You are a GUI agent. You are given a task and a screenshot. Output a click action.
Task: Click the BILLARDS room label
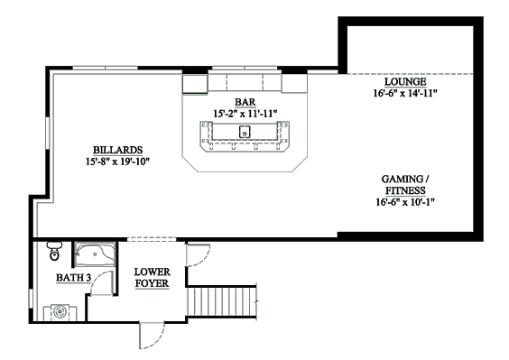[x=118, y=151]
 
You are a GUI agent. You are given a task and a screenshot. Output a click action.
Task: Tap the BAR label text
[x=245, y=102]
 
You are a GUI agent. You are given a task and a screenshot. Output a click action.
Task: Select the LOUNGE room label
[x=405, y=82]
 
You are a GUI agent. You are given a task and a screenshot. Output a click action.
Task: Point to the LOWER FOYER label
[x=152, y=278]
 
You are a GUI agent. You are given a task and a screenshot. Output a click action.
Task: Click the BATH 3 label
[x=73, y=278]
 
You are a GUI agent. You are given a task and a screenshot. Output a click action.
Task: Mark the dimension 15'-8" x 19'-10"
[x=118, y=162]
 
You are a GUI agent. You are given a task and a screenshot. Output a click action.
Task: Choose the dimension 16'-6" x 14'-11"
[x=405, y=94]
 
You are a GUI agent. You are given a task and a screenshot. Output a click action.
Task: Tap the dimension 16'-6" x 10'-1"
[x=405, y=202]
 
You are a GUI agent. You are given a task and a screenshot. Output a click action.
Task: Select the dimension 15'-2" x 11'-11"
[x=245, y=114]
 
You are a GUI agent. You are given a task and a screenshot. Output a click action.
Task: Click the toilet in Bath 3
[x=54, y=251]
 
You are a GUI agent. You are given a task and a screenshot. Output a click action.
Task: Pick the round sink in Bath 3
[x=60, y=311]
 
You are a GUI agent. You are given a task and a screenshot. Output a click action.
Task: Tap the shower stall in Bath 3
[x=95, y=254]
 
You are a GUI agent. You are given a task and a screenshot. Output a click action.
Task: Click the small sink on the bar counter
[x=245, y=132]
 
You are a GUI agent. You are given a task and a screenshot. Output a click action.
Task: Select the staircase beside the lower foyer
[x=222, y=301]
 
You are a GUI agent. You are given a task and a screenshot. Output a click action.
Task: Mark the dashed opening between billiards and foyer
[x=152, y=240]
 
